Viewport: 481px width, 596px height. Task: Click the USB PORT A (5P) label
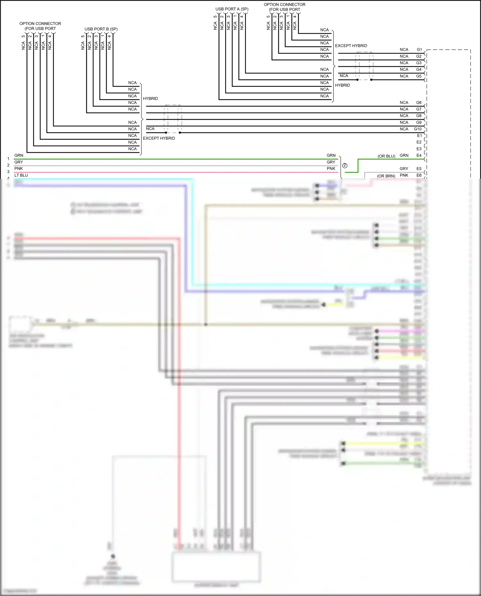pos(232,9)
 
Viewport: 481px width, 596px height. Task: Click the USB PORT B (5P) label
pos(101,29)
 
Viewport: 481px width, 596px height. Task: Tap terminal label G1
pos(419,50)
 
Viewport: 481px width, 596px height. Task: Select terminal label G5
pos(419,76)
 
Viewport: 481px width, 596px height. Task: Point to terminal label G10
pos(418,129)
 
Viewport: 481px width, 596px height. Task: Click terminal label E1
pos(419,135)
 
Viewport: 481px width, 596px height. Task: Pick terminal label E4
pos(419,156)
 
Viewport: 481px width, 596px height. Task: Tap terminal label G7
pos(419,109)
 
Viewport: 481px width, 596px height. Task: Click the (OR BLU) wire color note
pos(386,156)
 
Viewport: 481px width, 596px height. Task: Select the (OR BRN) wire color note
pos(386,176)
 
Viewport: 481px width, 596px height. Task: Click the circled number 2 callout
pos(345,166)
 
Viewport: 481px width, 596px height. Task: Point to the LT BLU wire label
pos(21,176)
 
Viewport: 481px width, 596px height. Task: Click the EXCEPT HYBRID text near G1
pos(351,46)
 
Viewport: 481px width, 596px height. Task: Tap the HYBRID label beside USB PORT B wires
pos(150,99)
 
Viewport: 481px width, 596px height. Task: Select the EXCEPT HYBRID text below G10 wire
pos(159,138)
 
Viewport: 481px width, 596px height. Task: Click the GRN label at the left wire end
pos(19,156)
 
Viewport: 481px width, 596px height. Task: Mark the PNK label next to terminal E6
pos(404,176)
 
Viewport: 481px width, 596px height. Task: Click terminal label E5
pos(419,169)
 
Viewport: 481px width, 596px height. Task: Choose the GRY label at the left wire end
pos(19,162)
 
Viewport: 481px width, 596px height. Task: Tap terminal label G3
pos(419,63)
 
